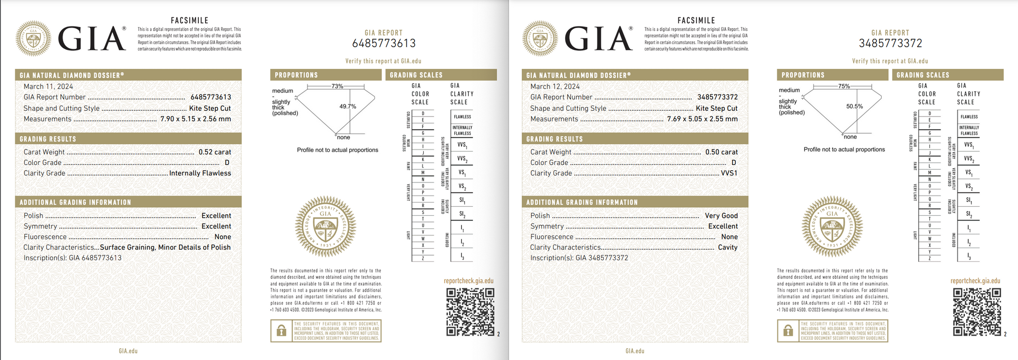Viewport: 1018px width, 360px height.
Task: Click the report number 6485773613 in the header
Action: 384,43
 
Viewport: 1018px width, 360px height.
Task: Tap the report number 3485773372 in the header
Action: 891,43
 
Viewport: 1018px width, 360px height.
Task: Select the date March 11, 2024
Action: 48,86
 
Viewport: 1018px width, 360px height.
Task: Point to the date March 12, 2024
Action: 555,86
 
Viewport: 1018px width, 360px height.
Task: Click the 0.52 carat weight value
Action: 215,152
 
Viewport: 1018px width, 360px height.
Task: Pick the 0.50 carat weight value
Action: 721,152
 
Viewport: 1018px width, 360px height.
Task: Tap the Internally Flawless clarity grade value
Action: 200,173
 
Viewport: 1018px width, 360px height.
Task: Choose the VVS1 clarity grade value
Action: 729,173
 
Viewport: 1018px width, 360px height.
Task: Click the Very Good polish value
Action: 721,216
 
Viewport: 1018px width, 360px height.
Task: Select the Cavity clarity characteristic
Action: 727,248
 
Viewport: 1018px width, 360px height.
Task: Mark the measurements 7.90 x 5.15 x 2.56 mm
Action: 196,119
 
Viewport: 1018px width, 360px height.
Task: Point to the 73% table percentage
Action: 337,86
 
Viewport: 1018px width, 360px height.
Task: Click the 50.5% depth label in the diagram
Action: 854,107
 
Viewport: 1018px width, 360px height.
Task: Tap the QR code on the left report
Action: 470,312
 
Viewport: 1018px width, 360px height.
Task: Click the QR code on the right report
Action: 977,312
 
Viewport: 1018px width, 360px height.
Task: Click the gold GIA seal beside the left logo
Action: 33,39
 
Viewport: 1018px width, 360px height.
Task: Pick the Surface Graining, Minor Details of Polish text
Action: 165,248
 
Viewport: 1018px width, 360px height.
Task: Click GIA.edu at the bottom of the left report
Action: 128,351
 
